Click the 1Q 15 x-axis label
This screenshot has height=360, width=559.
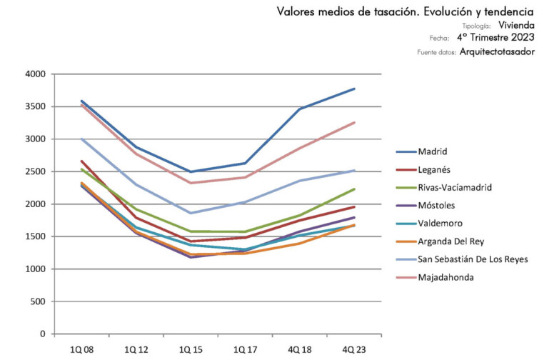point(191,349)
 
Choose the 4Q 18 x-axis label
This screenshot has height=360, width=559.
point(301,349)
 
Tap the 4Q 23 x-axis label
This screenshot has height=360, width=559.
point(355,349)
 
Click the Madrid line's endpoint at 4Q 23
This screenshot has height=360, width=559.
point(355,89)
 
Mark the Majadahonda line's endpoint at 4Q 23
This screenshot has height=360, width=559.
point(355,122)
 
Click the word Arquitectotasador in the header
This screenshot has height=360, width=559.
point(497,52)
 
